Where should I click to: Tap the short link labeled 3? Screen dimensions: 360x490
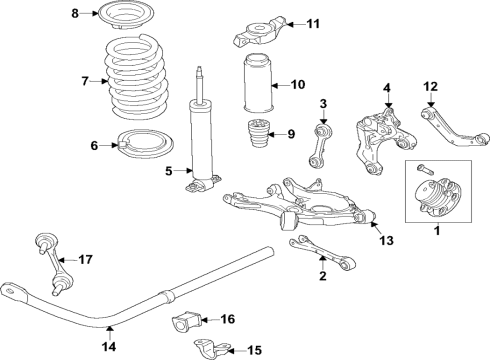click(x=325, y=145)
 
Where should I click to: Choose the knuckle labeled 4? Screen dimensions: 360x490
click(x=379, y=140)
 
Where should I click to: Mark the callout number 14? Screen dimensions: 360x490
click(x=109, y=347)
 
